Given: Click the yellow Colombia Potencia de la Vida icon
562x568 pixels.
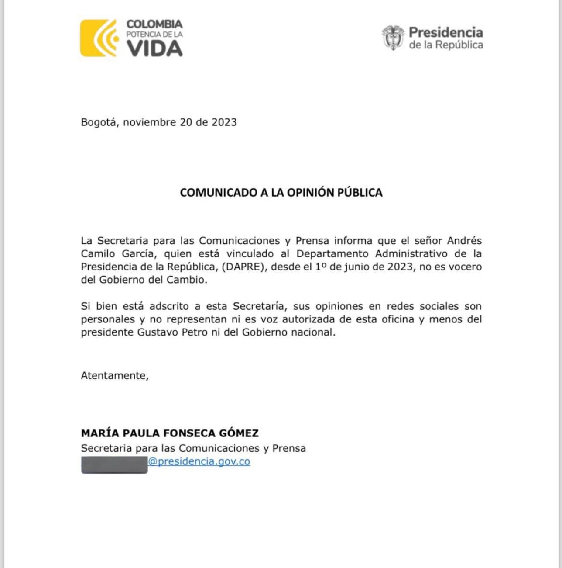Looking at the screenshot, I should [99, 38].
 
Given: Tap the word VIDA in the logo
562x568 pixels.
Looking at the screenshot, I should [154, 48].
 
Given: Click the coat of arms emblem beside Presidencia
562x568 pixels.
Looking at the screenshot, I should [393, 38].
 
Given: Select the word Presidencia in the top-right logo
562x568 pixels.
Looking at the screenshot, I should [445, 32].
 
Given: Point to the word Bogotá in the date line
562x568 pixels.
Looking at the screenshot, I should [99, 122].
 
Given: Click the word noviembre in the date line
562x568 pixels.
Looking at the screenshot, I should [149, 122].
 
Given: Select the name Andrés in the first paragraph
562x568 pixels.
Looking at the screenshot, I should [464, 241].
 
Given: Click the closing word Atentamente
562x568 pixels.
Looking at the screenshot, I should [115, 376].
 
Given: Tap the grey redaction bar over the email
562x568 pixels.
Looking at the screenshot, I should [114, 464].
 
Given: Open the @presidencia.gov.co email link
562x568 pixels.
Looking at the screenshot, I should [199, 462].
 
